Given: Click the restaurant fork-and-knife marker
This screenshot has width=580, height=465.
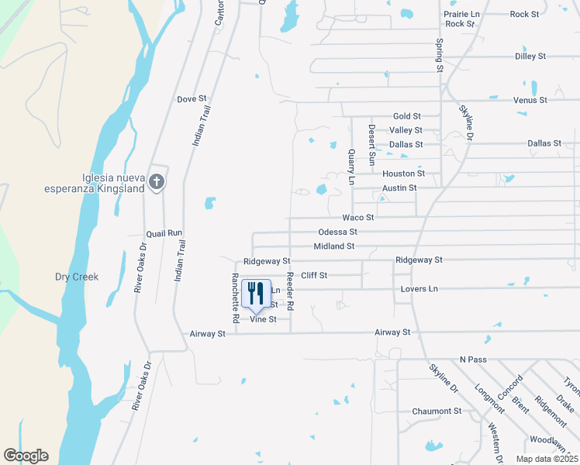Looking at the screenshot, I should (x=256, y=294).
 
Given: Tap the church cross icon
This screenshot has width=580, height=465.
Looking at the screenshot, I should (x=157, y=182).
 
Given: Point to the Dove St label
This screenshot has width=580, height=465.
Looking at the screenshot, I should (x=192, y=99).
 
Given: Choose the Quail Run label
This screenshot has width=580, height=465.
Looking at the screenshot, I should (x=164, y=232).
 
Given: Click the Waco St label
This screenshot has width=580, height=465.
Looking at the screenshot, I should (x=359, y=218).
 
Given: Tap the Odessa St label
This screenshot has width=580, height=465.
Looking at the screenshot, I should (x=337, y=232).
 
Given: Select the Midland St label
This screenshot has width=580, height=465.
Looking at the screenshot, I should (x=333, y=246).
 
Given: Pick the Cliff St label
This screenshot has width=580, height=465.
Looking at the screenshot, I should (x=314, y=275).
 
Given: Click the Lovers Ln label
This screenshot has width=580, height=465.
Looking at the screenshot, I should (x=419, y=289).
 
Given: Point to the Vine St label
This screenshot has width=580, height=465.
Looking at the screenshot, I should (x=262, y=319).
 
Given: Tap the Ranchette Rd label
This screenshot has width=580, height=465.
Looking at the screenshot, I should (x=236, y=298).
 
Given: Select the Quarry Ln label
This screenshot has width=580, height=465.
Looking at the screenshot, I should (x=351, y=167).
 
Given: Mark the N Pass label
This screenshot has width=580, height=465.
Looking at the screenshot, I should (x=472, y=360).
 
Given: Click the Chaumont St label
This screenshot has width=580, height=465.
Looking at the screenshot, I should (x=437, y=411).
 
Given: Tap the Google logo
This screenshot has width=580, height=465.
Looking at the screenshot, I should (x=26, y=456).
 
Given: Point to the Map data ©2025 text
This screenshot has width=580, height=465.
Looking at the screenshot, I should (x=546, y=459).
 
